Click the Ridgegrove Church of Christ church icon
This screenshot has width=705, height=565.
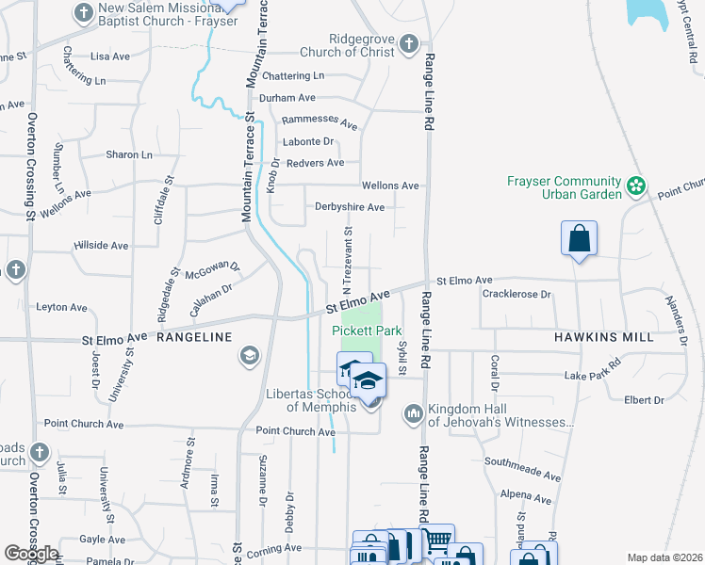point(408,43)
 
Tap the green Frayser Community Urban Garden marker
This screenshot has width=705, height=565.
point(637,186)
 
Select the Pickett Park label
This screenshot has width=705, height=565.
point(367,331)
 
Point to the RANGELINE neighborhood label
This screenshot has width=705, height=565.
point(193,336)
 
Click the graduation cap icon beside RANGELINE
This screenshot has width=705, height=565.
point(249,355)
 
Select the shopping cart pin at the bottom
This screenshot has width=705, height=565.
point(435,541)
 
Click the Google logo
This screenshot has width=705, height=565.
point(31,554)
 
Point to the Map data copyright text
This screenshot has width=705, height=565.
point(664,557)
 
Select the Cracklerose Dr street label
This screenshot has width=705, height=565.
point(516,295)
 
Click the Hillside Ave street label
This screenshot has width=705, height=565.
point(101,246)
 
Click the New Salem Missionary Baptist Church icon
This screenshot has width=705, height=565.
point(83,13)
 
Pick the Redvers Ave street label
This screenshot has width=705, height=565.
point(315,163)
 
